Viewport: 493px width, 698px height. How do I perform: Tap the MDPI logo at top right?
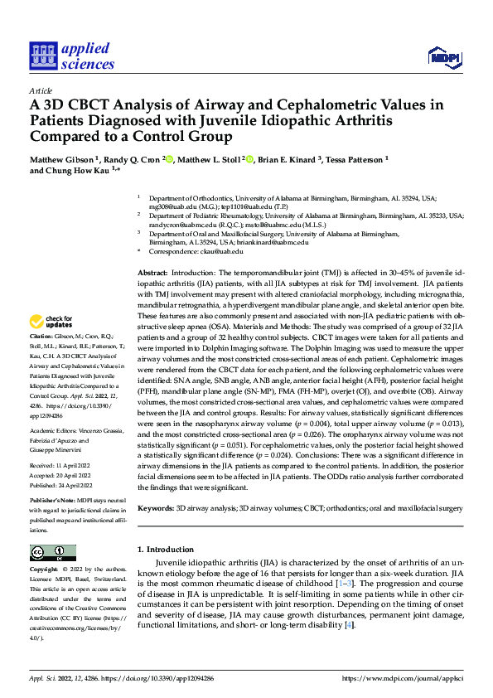coord(442,56)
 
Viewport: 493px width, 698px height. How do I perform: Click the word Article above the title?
coord(41,90)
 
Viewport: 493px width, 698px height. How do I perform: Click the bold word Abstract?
coord(152,273)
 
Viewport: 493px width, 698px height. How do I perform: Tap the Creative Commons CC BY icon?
coord(52,553)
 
